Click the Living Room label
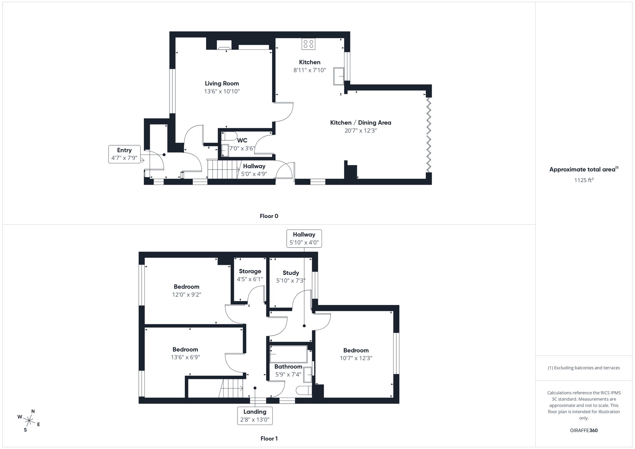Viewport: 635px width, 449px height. [222, 83]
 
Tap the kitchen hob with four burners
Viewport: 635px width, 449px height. [308, 44]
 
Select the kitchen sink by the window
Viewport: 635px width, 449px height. [339, 76]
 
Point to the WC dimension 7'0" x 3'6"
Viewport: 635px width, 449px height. [242, 148]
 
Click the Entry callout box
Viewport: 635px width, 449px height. [124, 154]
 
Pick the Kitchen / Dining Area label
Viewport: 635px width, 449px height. [360, 123]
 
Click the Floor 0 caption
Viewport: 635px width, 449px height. [269, 216]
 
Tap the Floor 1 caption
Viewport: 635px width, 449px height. [269, 439]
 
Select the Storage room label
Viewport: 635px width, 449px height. [250, 271]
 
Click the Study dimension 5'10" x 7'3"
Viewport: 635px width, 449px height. [291, 281]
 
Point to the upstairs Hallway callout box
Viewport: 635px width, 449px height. [304, 239]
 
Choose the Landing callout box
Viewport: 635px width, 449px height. [255, 416]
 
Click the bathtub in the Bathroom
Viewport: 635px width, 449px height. [288, 354]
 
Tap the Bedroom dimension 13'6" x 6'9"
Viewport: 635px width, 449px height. [185, 357]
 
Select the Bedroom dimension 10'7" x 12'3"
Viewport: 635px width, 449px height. [356, 358]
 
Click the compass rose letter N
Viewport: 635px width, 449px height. [33, 411]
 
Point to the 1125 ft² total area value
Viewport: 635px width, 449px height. [584, 180]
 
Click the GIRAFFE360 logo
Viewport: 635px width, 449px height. [584, 431]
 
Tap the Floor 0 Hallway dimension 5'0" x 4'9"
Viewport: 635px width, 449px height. [254, 174]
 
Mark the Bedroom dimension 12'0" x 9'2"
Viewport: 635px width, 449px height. [186, 294]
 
